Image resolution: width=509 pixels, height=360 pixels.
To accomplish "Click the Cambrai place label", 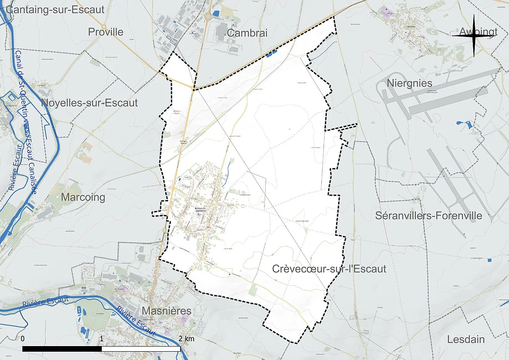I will pyautogui.click(x=247, y=33).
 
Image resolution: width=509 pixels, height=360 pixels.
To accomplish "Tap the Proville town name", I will pyautogui.click(x=106, y=32).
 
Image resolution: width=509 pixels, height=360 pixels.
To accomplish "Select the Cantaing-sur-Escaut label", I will pyautogui.click(x=55, y=10).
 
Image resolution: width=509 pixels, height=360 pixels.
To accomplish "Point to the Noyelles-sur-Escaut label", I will pyautogui.click(x=89, y=103).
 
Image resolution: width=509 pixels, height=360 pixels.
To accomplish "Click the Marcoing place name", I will pyautogui.click(x=83, y=197).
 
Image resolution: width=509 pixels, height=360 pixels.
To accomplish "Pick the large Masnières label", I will pyautogui.click(x=167, y=311).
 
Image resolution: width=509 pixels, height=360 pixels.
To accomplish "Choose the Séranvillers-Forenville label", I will pyautogui.click(x=429, y=216).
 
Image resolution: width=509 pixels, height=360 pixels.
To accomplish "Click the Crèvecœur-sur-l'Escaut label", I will pyautogui.click(x=329, y=269).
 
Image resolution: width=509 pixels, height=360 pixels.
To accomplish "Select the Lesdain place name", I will pyautogui.click(x=466, y=339).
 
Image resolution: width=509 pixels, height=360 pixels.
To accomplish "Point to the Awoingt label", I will pyautogui.click(x=478, y=32).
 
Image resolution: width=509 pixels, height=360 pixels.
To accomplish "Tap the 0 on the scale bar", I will pyautogui.click(x=23, y=339).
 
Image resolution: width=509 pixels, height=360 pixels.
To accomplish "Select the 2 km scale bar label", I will pyautogui.click(x=186, y=339).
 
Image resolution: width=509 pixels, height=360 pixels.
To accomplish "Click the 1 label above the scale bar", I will pyautogui.click(x=102, y=339).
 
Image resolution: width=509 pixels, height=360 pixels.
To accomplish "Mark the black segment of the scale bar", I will pyautogui.click(x=62, y=349).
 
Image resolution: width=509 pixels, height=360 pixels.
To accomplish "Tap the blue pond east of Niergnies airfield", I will pyautogui.click(x=465, y=125).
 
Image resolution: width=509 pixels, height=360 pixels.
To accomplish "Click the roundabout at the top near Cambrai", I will pyautogui.click(x=208, y=17).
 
